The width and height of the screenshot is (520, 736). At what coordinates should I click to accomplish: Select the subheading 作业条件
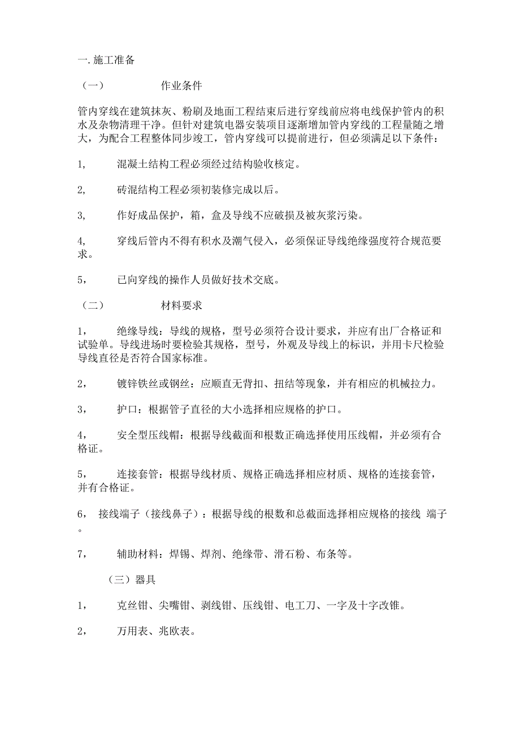[x=181, y=86]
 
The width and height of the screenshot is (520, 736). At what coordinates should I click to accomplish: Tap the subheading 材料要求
[x=181, y=306]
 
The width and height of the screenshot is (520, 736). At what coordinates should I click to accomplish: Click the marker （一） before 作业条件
[x=92, y=86]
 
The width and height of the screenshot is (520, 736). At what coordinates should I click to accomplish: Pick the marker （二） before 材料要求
[x=92, y=306]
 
